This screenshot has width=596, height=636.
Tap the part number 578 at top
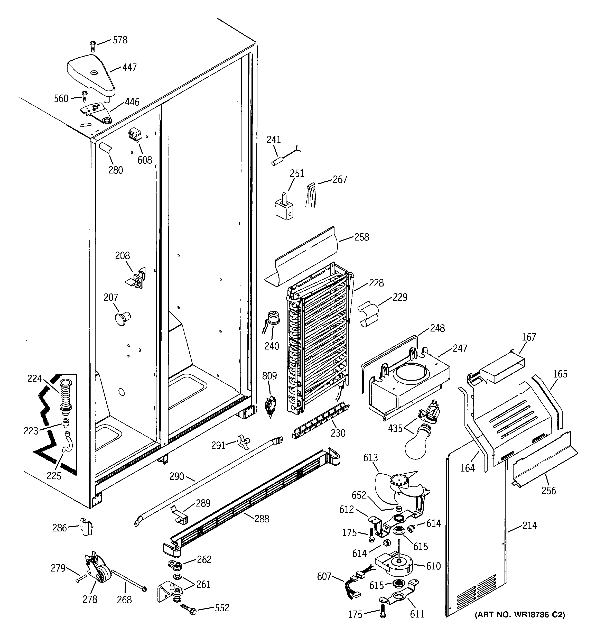pos(120,40)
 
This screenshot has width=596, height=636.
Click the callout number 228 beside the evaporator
pos(376,283)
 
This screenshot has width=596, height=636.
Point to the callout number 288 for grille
pos(262,519)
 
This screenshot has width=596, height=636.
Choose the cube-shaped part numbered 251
pos(284,208)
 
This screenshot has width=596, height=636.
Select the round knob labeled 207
pos(122,319)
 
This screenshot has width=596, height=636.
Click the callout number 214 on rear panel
pos(529,526)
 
